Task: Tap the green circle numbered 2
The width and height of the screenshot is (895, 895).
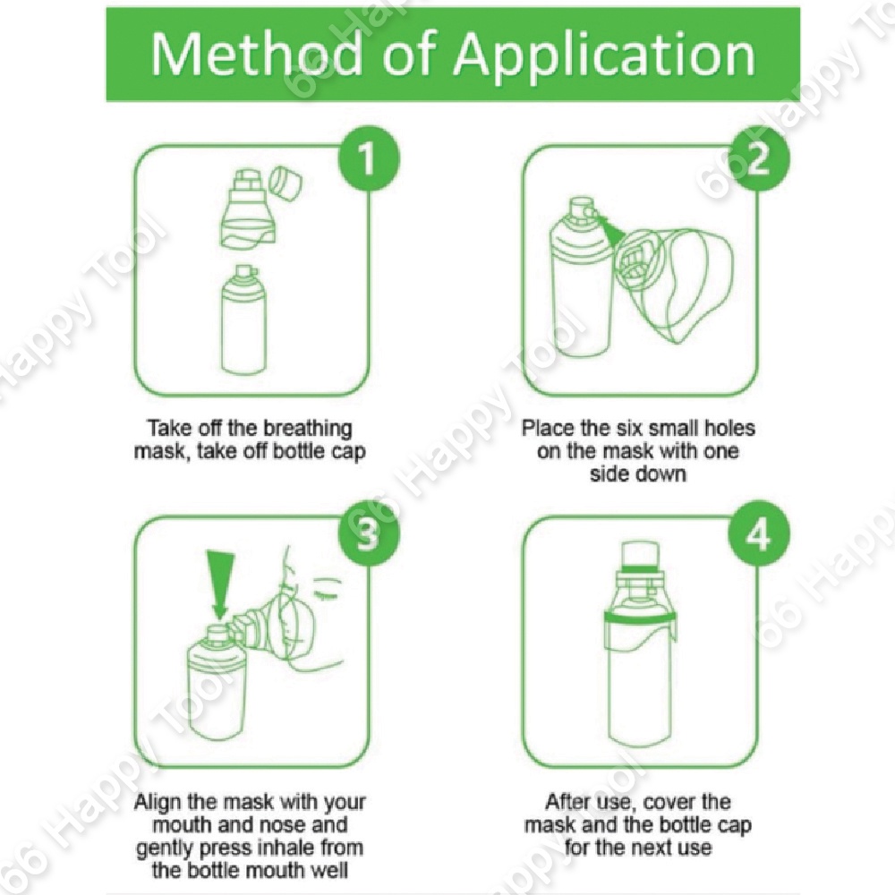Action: tap(759, 158)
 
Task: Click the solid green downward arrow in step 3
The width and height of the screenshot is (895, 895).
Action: tap(220, 583)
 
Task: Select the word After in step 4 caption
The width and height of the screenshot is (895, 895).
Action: tap(567, 802)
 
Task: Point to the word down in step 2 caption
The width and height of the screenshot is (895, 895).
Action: tap(661, 473)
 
